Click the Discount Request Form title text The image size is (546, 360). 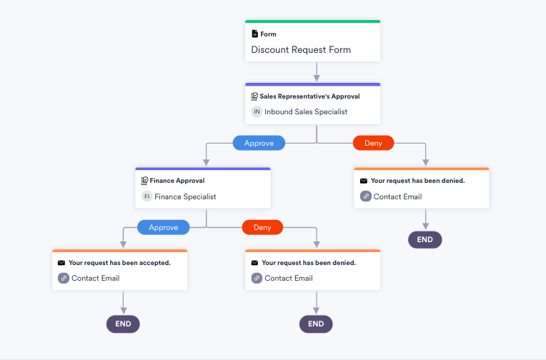(301, 50)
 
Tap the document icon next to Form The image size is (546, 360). (254, 34)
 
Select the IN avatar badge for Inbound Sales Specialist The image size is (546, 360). (257, 112)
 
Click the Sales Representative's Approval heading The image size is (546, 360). (309, 96)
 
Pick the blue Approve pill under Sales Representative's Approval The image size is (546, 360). (259, 143)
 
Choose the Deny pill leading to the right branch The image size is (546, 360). (373, 143)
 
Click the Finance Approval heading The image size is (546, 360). (177, 181)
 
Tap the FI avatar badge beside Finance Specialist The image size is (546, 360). (147, 196)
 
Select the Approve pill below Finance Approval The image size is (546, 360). (163, 227)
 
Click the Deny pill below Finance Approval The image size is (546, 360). (262, 227)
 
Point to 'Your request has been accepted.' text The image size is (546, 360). (119, 263)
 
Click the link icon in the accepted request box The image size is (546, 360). (63, 278)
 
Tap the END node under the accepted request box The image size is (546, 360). (123, 324)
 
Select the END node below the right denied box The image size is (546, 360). (425, 239)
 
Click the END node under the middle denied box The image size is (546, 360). (316, 324)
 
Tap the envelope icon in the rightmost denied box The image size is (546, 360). (364, 181)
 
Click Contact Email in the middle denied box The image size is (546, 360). (288, 278)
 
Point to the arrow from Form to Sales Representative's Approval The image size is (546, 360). (316, 72)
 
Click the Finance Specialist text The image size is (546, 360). (185, 196)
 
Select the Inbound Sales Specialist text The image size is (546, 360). (306, 112)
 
